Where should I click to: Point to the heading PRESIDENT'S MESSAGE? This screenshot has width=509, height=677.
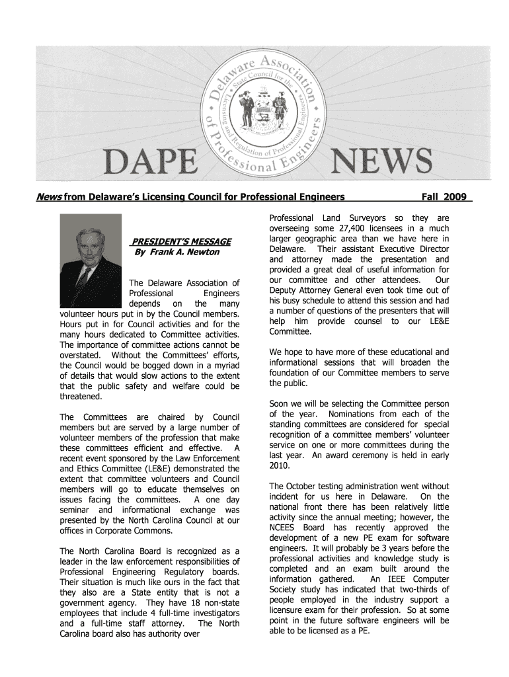click(181, 241)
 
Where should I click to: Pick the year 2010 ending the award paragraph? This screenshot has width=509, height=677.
click(280, 465)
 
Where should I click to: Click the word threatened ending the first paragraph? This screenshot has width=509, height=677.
click(81, 397)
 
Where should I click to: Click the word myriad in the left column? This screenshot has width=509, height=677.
click(224, 365)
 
